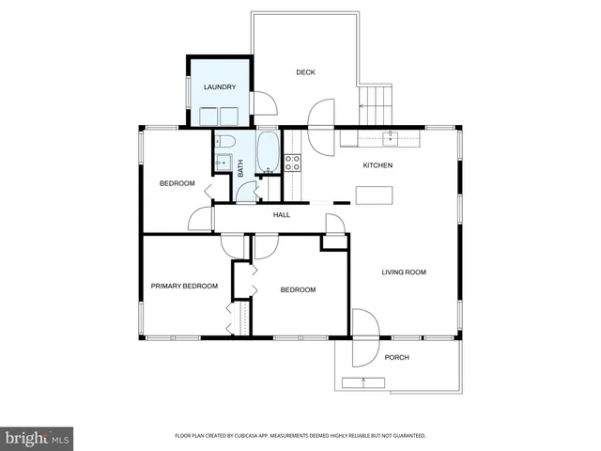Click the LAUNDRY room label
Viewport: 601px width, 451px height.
220,87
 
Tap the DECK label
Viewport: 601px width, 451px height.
305,72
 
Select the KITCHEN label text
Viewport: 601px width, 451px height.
378,165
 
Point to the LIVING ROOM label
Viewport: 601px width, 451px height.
404,272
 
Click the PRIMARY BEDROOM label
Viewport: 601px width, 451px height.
184,286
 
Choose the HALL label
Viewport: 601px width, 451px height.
282,214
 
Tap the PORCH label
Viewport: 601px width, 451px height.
397,357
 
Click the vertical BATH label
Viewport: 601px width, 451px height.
240,168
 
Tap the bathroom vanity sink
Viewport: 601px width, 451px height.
223,163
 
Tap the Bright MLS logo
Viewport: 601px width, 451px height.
38,438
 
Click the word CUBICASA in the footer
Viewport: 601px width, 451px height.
264,436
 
